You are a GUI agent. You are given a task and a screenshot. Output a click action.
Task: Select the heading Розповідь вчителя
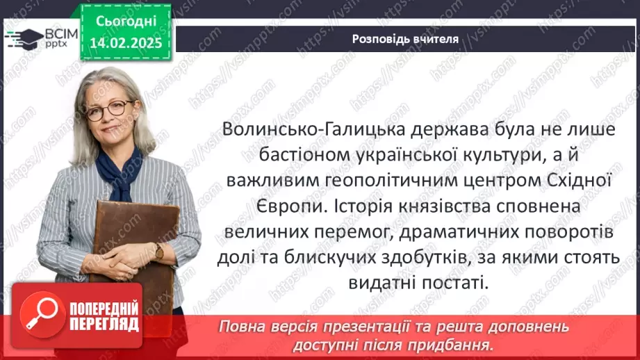point(406,39)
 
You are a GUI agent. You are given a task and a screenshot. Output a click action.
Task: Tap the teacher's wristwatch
point(159,251)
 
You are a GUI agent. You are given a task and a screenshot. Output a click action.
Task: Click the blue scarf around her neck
point(118,170)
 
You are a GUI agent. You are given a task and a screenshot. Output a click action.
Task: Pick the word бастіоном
point(277,157)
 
